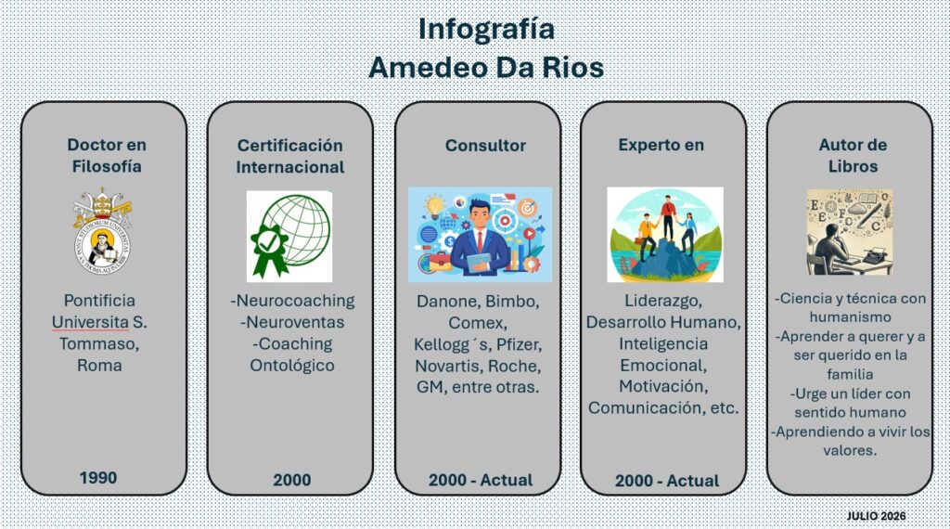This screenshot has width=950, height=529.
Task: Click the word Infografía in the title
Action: click(x=486, y=29)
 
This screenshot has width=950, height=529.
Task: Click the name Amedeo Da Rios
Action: click(x=486, y=67)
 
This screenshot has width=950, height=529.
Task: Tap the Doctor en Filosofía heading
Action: click(x=107, y=156)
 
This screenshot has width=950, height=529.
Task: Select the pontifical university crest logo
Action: click(x=102, y=231)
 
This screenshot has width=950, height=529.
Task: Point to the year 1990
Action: click(x=98, y=478)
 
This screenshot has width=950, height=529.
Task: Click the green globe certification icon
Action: click(x=289, y=236)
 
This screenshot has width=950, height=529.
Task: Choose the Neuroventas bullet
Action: click(x=292, y=322)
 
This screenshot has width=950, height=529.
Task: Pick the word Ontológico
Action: click(x=292, y=366)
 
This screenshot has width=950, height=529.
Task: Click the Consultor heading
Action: click(x=485, y=146)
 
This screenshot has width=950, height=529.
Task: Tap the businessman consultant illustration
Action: click(x=480, y=235)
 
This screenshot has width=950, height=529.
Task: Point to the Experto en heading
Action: click(x=661, y=146)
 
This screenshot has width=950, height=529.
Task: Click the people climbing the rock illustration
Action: click(x=665, y=235)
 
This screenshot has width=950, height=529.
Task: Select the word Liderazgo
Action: click(x=663, y=302)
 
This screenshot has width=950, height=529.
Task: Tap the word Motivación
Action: click(x=663, y=387)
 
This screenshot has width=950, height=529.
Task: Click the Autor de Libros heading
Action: click(x=853, y=156)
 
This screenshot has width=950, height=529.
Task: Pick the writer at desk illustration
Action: click(x=850, y=232)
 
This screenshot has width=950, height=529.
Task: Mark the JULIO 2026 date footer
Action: click(x=876, y=516)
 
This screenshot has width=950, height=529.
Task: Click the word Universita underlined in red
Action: click(x=90, y=322)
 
